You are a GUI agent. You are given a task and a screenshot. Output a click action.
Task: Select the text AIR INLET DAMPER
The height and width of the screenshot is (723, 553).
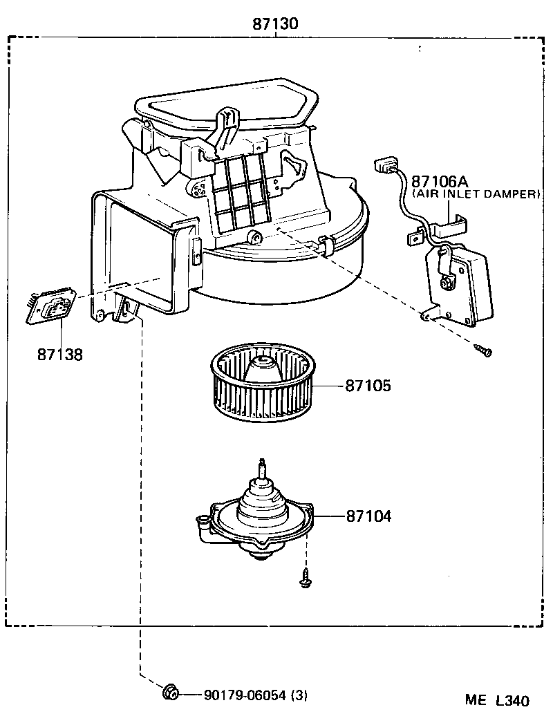coord(476,194)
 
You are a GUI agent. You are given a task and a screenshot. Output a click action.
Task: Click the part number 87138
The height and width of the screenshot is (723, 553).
coord(60,354)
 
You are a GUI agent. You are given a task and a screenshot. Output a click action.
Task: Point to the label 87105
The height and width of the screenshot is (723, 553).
coord(368,386)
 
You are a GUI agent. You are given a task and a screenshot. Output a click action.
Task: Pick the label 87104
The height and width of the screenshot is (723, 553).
coord(368,516)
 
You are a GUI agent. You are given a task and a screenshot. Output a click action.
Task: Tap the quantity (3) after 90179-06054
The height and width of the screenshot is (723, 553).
coord(299,694)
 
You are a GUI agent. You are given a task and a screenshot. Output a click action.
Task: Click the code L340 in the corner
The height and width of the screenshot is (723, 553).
coord(512,701)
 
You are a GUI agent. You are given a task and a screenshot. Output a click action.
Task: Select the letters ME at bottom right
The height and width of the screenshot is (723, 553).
coord(476,701)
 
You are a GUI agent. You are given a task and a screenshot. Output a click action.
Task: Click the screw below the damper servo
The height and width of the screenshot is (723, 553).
coord(483,351)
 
